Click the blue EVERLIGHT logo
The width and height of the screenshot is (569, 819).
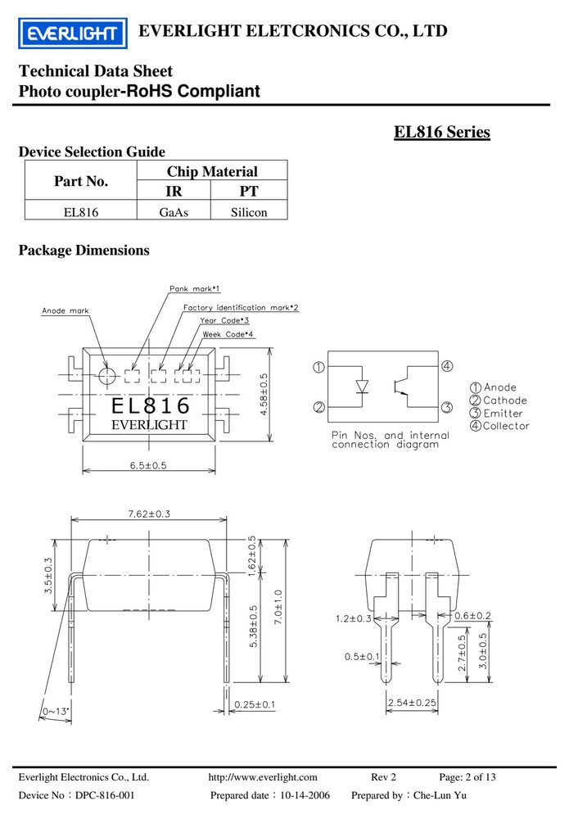[73, 34]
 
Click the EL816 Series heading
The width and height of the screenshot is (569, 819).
[441, 132]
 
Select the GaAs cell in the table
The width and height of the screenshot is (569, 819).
[174, 212]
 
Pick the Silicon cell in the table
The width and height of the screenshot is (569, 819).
[249, 212]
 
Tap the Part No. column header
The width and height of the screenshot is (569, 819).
[81, 181]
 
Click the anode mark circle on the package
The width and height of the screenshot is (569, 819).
[107, 375]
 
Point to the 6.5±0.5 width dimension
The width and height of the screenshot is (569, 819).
[148, 465]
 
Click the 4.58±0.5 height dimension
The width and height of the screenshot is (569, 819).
[264, 395]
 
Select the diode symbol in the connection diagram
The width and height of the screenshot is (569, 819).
[363, 387]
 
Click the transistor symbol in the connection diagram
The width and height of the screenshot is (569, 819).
[402, 387]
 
